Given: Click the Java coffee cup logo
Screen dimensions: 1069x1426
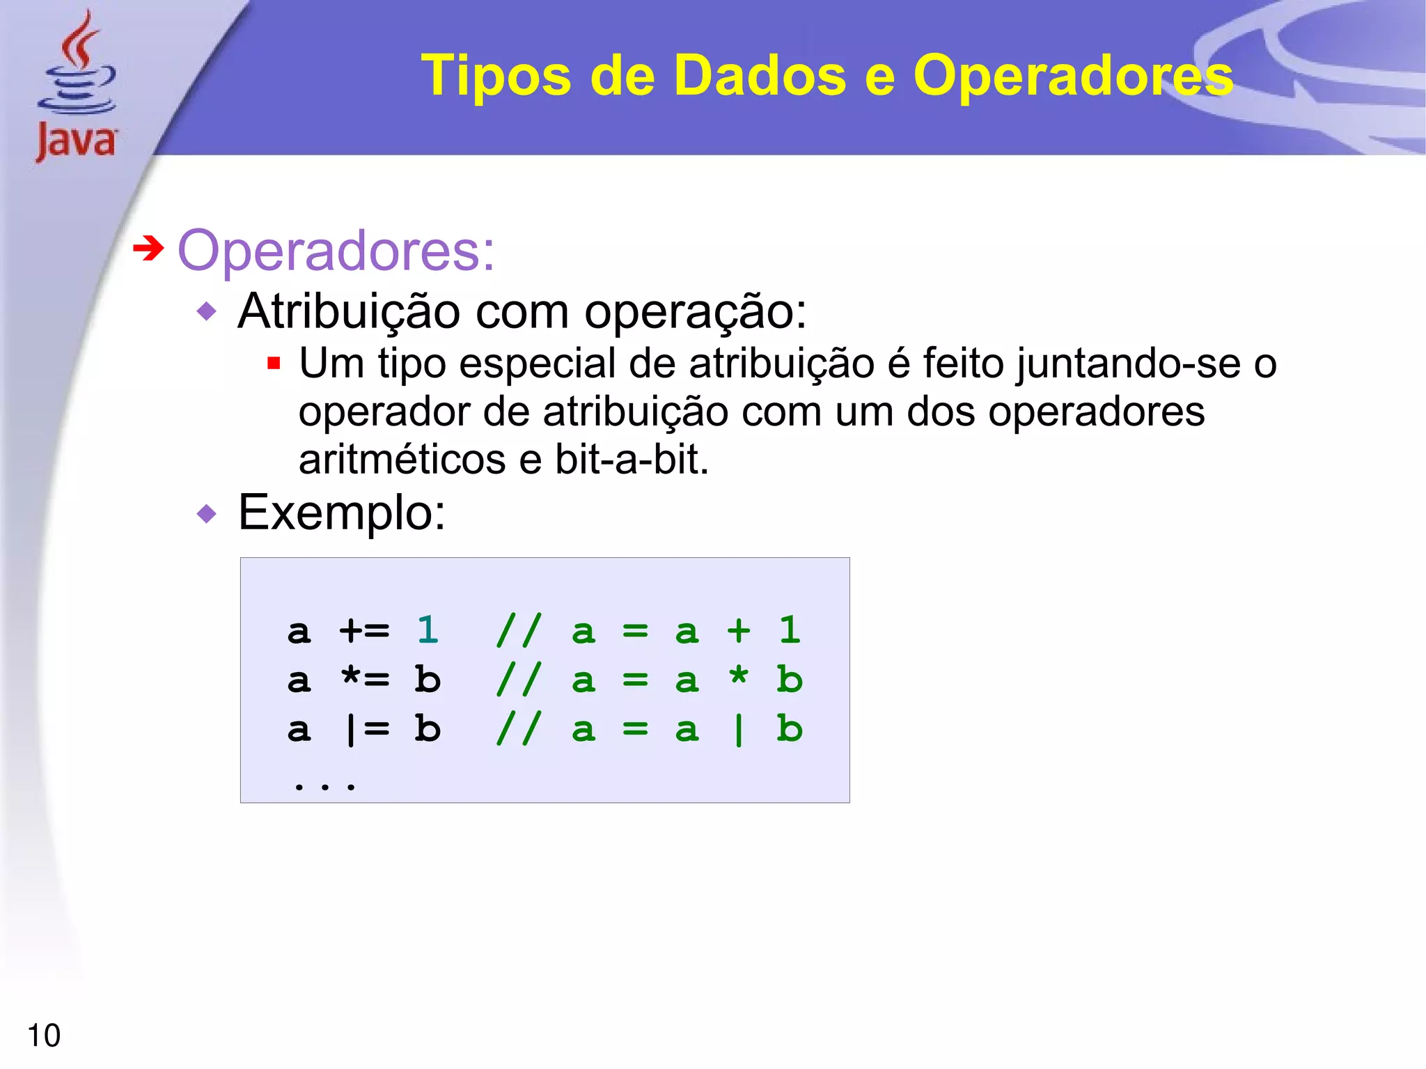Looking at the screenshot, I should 76,87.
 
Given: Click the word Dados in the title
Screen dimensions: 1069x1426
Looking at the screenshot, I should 760,75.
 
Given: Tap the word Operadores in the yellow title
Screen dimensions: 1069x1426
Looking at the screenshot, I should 1072,75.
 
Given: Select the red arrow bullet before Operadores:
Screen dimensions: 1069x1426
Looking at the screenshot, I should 148,248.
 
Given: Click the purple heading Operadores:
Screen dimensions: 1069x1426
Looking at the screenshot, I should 336,251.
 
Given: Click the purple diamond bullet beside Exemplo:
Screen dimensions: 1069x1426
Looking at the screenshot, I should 207,514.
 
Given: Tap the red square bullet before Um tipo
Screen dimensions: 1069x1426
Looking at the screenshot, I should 274,363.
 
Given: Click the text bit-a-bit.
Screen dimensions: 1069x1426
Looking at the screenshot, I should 631,460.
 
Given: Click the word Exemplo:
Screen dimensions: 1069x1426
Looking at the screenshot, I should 341,513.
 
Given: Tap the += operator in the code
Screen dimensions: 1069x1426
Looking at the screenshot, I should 364,631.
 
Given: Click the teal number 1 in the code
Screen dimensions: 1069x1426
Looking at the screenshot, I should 427,630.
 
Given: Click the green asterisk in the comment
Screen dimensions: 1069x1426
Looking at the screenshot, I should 738,676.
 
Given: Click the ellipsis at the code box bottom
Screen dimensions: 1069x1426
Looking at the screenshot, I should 324,786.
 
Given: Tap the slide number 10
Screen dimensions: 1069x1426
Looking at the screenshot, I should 43,1036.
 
